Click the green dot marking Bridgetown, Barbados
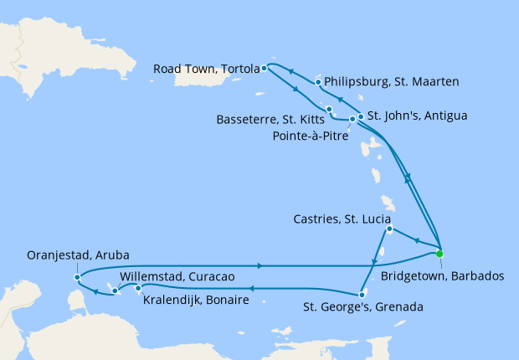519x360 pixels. point(439,254)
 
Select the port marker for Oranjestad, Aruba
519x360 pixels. point(77,276)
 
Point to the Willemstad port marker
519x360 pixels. point(115,291)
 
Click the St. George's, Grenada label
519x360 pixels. point(362,307)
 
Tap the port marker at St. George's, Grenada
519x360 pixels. point(361,294)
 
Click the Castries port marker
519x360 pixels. point(389,229)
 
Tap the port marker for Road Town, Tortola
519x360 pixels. point(264,68)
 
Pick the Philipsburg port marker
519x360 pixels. point(317,82)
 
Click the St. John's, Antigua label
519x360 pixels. point(412,115)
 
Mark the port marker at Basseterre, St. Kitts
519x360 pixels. point(329,110)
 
